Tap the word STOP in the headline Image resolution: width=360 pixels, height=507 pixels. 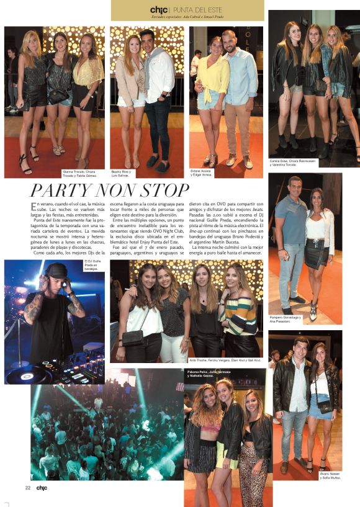pos(162,190)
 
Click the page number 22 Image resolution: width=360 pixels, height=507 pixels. pos(28,487)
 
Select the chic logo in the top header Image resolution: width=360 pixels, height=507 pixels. pos(160,9)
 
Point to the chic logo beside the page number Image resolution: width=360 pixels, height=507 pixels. pos(41,487)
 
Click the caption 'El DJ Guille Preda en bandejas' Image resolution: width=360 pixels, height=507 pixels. pos(94,266)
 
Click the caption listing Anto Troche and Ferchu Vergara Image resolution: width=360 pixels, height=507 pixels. pos(225,360)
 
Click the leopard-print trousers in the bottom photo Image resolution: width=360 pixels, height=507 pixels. pos(253,468)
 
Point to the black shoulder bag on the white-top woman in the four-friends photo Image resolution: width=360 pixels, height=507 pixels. pos(132,337)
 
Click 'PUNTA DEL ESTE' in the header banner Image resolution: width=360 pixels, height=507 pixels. pos(198,9)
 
